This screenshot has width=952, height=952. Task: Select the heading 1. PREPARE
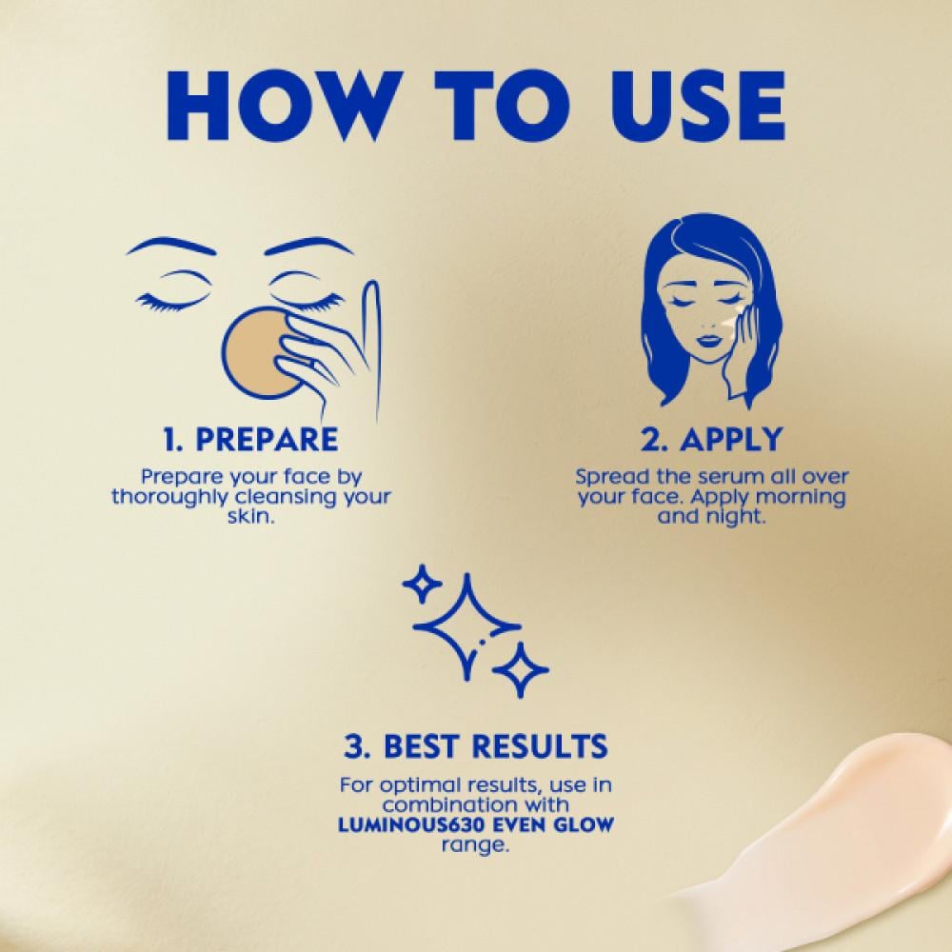point(250,439)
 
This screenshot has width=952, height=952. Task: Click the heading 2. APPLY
point(711,439)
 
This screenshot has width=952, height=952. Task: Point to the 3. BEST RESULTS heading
point(475,746)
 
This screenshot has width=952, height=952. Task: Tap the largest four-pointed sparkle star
point(466,626)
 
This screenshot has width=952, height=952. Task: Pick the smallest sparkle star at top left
point(423,585)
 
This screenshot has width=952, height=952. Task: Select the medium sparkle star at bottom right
point(521,670)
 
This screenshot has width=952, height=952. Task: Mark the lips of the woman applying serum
point(705,340)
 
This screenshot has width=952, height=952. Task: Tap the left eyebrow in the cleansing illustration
point(171,246)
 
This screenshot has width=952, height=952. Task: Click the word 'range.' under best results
point(475,845)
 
